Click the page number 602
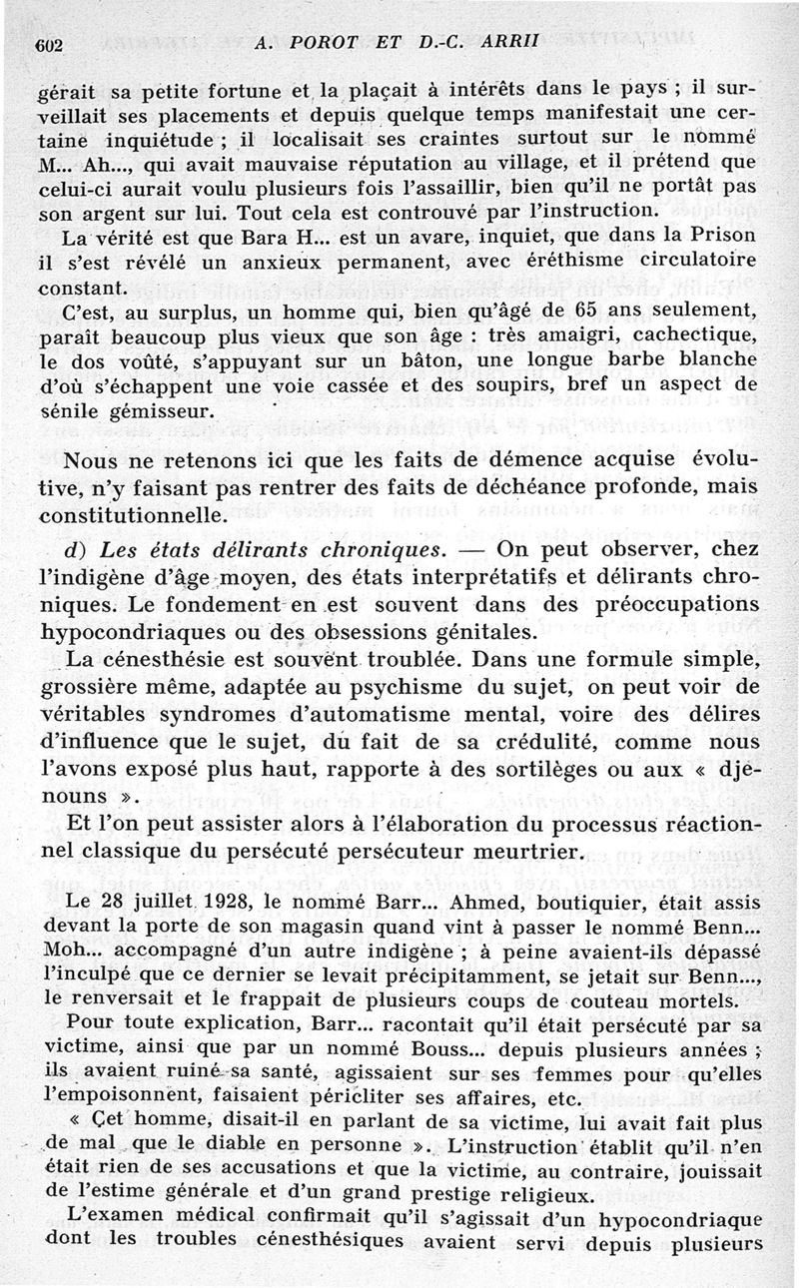click(50, 44)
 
